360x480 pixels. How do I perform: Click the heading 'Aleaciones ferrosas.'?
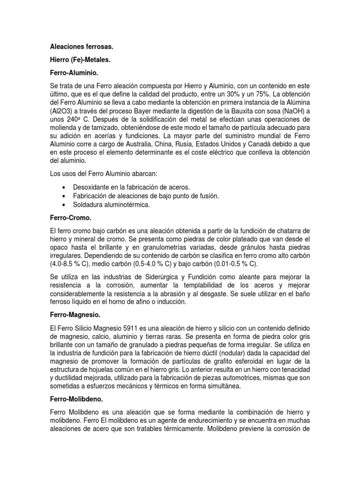click(x=82, y=47)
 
